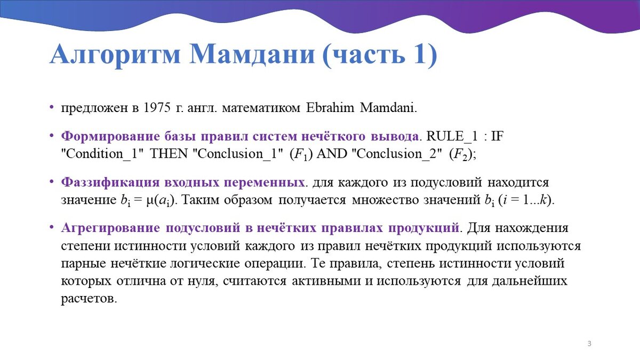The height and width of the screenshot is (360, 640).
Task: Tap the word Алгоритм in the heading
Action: click(115, 55)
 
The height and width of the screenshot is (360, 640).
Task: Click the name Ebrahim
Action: click(330, 108)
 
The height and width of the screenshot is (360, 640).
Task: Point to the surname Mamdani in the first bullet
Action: click(388, 108)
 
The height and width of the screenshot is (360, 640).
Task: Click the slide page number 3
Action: click(589, 343)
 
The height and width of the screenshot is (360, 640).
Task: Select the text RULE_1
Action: click(452, 137)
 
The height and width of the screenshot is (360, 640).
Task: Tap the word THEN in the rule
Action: click(169, 154)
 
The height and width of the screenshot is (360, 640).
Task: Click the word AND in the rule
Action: click(332, 154)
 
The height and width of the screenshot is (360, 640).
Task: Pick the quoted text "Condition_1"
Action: click(102, 154)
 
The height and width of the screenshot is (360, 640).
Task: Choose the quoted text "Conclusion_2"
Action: click(397, 154)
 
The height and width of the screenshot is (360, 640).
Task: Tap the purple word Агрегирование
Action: click(110, 228)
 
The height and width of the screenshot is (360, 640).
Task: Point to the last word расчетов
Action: click(89, 299)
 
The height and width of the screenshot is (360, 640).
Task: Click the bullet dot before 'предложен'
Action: click(51, 107)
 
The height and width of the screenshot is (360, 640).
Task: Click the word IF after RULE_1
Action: click(497, 137)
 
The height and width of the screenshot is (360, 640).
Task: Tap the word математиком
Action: click(261, 108)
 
